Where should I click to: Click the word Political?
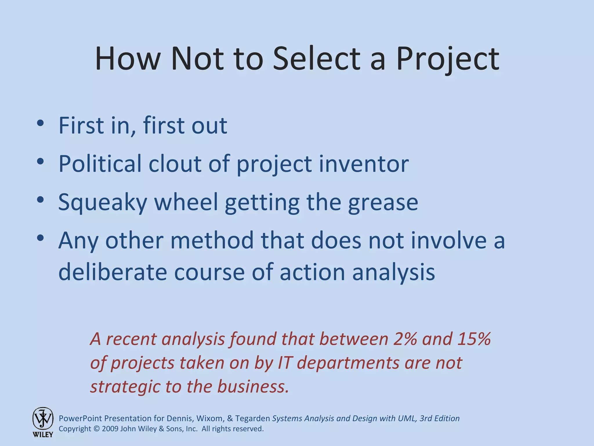click(100, 163)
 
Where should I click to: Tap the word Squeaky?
click(103, 202)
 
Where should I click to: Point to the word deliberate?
click(113, 272)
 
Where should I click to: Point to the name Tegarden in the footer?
click(252, 418)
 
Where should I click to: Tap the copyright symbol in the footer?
click(97, 429)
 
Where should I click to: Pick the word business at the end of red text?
click(253, 387)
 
